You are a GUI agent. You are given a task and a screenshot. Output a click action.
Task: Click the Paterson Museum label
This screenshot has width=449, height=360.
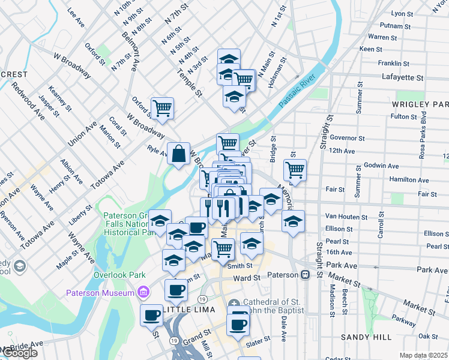100,293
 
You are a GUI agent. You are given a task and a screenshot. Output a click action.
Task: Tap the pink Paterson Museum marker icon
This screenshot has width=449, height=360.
143,292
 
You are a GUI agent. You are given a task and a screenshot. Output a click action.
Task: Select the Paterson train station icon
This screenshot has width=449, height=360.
305,275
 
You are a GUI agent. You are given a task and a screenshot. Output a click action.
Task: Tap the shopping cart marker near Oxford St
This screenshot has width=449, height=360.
162,109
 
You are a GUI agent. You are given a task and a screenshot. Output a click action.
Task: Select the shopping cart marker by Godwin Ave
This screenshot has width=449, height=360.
295,170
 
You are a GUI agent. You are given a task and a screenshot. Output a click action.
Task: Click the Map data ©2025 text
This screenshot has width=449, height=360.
424,355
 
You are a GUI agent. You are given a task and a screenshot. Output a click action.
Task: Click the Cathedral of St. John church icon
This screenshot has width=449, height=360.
234,303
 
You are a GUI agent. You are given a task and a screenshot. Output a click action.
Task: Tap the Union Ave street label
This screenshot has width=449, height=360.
82,134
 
